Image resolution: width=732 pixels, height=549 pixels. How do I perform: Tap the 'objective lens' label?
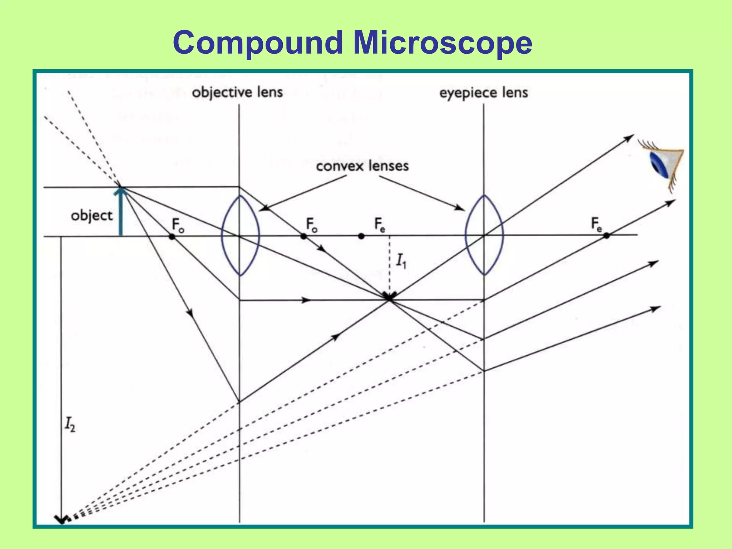237,93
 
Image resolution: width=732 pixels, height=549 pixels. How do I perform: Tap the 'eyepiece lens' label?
484,93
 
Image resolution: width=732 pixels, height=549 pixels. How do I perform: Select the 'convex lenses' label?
362,166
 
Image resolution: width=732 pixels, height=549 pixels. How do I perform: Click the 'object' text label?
91,216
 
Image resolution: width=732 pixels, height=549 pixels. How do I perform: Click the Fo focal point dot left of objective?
172,237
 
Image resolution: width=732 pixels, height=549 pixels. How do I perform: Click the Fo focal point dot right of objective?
303,236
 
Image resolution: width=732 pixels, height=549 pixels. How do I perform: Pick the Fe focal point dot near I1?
361,236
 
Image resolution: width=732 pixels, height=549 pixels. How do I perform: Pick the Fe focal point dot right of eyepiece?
607,236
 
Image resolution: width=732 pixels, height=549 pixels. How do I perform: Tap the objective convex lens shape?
240,235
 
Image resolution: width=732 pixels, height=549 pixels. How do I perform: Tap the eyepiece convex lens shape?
484,235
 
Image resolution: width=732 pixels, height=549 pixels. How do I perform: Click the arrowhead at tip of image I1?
390,296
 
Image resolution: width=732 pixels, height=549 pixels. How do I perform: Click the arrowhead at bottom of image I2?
62,519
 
